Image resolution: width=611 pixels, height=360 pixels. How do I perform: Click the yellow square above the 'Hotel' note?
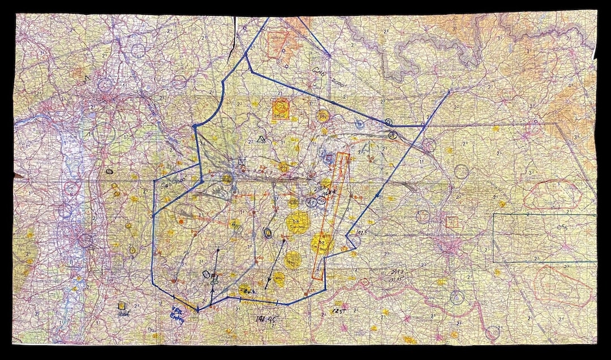121,305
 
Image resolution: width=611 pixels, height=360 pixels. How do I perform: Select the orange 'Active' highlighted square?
281,109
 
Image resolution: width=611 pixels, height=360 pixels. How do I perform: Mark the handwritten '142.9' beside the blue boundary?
355,233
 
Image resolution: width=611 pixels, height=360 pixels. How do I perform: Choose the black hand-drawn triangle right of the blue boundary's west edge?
261,139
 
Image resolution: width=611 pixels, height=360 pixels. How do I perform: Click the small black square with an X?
242,163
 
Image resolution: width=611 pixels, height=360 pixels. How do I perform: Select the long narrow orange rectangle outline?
332,215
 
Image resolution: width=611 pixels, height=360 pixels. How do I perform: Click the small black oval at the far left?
109,170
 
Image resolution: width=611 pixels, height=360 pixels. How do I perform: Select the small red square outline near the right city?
451,222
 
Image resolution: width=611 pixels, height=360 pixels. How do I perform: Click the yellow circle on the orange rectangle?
321,244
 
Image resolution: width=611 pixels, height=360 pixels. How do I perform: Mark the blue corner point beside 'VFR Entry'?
197,310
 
